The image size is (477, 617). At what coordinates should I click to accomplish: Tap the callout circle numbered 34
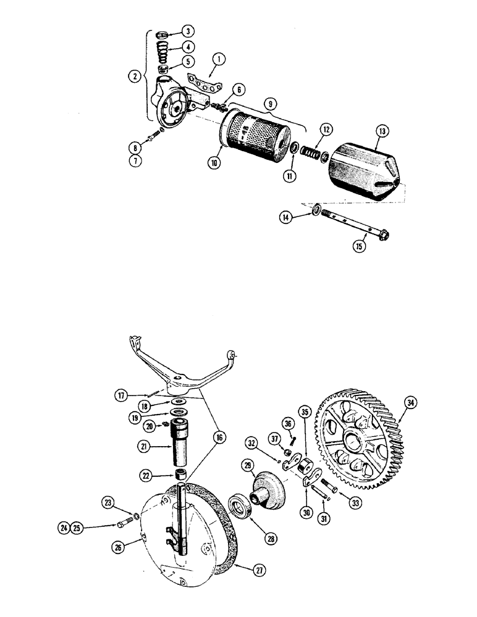tap(410, 403)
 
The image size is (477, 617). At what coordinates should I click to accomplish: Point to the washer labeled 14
tap(316, 211)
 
